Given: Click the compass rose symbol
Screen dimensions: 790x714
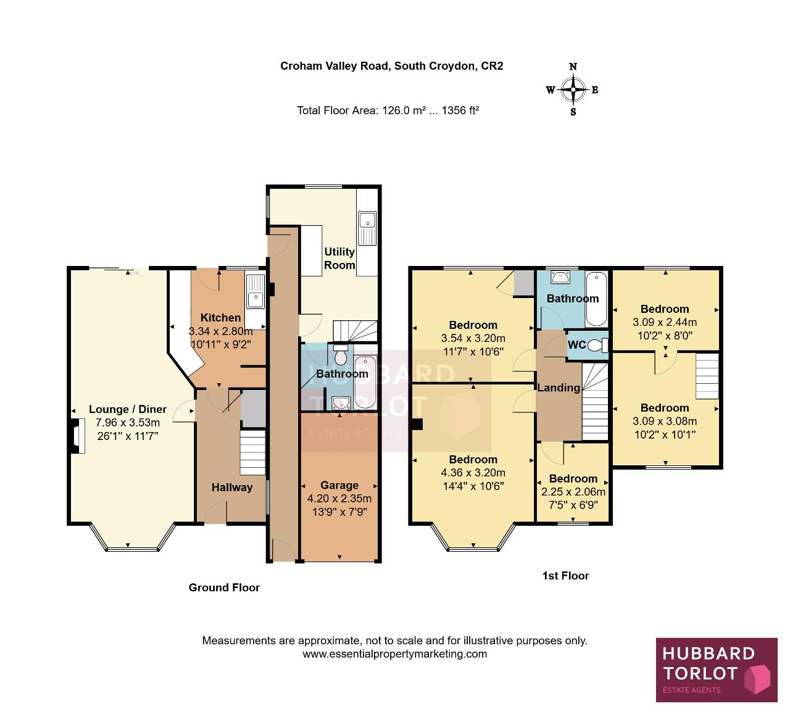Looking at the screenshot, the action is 573,89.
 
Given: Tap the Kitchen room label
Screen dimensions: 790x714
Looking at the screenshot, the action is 220,317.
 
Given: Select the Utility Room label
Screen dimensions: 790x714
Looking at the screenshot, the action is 339,259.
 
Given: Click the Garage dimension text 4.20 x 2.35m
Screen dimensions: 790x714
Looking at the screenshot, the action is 339,498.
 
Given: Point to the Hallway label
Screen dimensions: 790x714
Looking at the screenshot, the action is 232,488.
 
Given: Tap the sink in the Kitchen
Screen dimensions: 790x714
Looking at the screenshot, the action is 255,292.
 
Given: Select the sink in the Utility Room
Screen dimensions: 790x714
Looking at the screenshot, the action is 367,228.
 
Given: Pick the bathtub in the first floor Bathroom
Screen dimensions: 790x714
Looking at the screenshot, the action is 597,299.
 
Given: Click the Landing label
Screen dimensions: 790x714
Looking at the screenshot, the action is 559,388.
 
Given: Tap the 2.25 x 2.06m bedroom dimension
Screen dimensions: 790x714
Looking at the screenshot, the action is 573,491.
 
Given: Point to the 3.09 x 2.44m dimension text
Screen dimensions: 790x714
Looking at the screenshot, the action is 665,322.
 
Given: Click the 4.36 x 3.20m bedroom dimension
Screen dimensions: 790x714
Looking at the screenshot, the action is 473,473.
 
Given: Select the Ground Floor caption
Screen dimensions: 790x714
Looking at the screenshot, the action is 224,587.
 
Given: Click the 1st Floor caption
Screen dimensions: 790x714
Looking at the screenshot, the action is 565,576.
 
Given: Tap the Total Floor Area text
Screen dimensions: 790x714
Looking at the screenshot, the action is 388,110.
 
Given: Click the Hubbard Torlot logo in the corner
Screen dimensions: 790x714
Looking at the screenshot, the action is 717,670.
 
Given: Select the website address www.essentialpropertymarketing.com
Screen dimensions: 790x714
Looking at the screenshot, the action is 394,654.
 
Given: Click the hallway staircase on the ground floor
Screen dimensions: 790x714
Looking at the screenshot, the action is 253,452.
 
